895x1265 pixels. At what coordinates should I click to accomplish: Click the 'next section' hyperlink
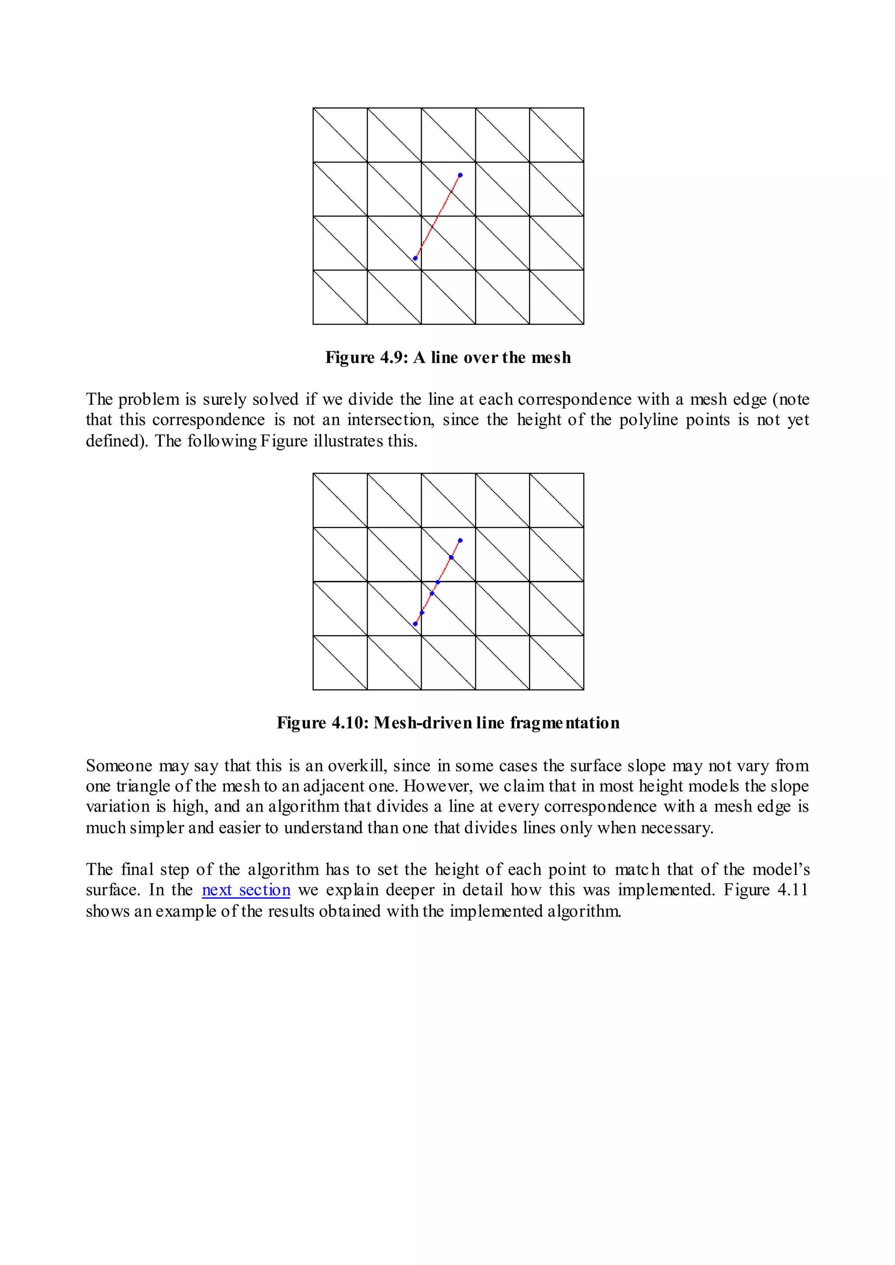coord(246,890)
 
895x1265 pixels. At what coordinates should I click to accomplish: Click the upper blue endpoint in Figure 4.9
coord(460,175)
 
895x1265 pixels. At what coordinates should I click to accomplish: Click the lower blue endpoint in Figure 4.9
coord(415,258)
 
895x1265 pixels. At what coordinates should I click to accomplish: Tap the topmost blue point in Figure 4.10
coord(460,540)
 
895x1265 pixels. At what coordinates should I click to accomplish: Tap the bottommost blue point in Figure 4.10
coord(415,624)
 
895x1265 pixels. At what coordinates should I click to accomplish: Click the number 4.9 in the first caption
coord(393,358)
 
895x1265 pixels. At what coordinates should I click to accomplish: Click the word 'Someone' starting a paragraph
coord(119,766)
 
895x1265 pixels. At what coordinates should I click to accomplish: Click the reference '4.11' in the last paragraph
coord(792,890)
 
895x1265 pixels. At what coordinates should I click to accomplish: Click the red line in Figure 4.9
coord(437,217)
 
